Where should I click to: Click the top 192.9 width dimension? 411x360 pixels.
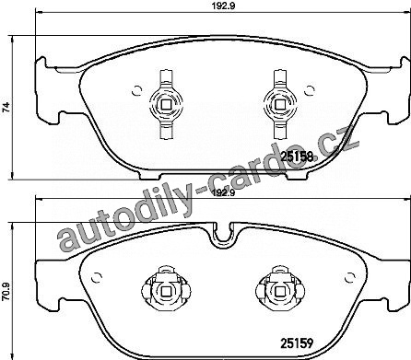click(223, 6)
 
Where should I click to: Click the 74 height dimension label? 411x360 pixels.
click(6, 107)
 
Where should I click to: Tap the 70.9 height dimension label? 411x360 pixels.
click(6, 292)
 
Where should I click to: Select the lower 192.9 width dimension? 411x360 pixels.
click(223, 193)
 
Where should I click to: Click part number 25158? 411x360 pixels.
click(297, 157)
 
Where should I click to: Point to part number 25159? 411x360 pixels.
click(297, 343)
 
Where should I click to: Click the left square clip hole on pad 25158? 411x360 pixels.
click(166, 105)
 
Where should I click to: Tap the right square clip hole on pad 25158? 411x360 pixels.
click(279, 105)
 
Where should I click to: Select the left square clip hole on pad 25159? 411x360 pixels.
click(166, 291)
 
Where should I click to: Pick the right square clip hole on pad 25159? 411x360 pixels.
click(279, 291)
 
